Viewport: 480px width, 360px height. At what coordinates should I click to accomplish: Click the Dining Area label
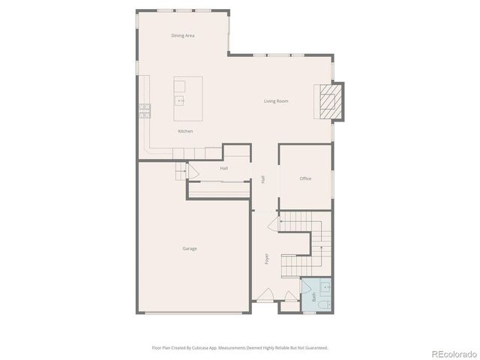pos(183,35)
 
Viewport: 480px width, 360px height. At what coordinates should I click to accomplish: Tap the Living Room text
pos(276,101)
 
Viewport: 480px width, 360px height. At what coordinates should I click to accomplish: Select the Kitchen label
pos(185,131)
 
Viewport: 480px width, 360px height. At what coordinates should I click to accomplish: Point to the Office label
pos(305,178)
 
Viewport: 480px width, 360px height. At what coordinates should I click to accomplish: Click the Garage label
pos(190,248)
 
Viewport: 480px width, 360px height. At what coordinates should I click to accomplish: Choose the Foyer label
pos(266,259)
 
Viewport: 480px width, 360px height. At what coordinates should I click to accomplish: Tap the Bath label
pos(313,297)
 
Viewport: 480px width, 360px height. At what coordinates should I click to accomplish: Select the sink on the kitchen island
pos(180,99)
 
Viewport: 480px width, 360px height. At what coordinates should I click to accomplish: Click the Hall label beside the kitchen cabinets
pos(223,169)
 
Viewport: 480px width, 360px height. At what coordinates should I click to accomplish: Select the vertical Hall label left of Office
pos(262,179)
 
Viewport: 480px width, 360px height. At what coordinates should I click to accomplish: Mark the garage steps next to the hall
pos(180,172)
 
